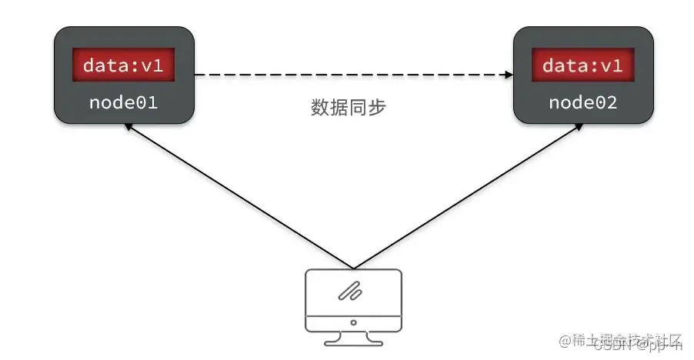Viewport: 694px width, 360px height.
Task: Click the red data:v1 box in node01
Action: [123, 65]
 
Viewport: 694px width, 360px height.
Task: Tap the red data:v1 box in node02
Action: [582, 65]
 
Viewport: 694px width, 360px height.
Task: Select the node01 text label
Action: [123, 102]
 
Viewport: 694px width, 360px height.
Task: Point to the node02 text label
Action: [582, 102]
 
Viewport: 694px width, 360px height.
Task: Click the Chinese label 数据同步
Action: [348, 108]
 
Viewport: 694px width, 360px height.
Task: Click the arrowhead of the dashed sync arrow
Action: [508, 75]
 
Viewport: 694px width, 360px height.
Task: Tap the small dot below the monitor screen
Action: [353, 322]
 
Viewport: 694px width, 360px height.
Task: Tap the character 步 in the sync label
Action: [375, 108]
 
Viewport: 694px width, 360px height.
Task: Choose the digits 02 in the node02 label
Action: [606, 102]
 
